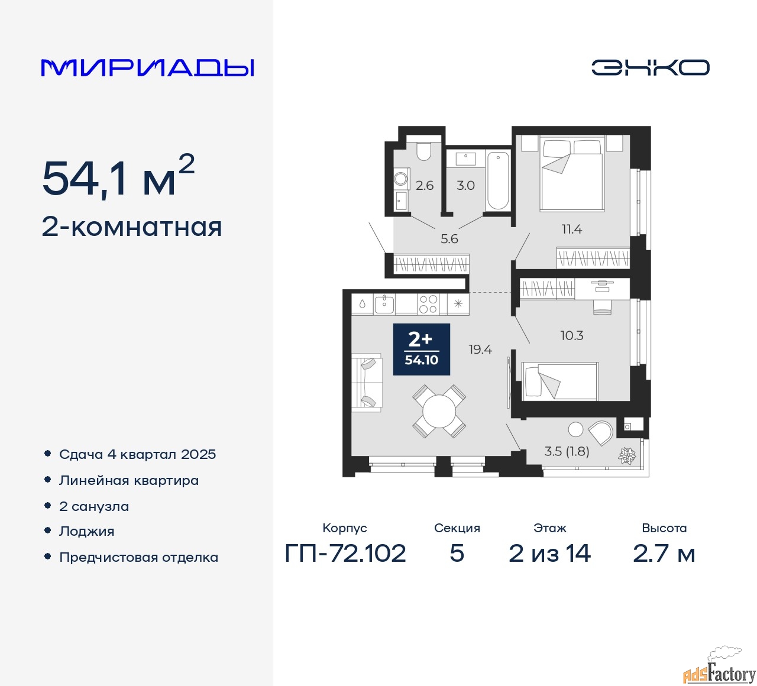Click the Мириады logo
(x=147, y=68)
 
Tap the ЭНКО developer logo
(x=650, y=67)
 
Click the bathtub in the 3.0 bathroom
(x=498, y=180)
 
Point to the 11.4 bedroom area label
(x=572, y=229)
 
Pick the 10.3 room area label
(x=572, y=335)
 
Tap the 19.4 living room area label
(x=480, y=350)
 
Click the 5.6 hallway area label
(x=449, y=239)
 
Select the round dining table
(x=439, y=411)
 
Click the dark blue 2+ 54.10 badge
(x=422, y=350)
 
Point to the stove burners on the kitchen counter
(x=428, y=304)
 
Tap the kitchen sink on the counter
(x=384, y=304)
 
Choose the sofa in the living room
(x=367, y=382)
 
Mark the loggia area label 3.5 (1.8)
(x=567, y=451)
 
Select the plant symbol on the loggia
(x=627, y=456)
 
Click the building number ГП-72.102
(x=345, y=553)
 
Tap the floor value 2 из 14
(x=549, y=553)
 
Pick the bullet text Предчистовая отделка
(x=138, y=557)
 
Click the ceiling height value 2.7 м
(x=664, y=553)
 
